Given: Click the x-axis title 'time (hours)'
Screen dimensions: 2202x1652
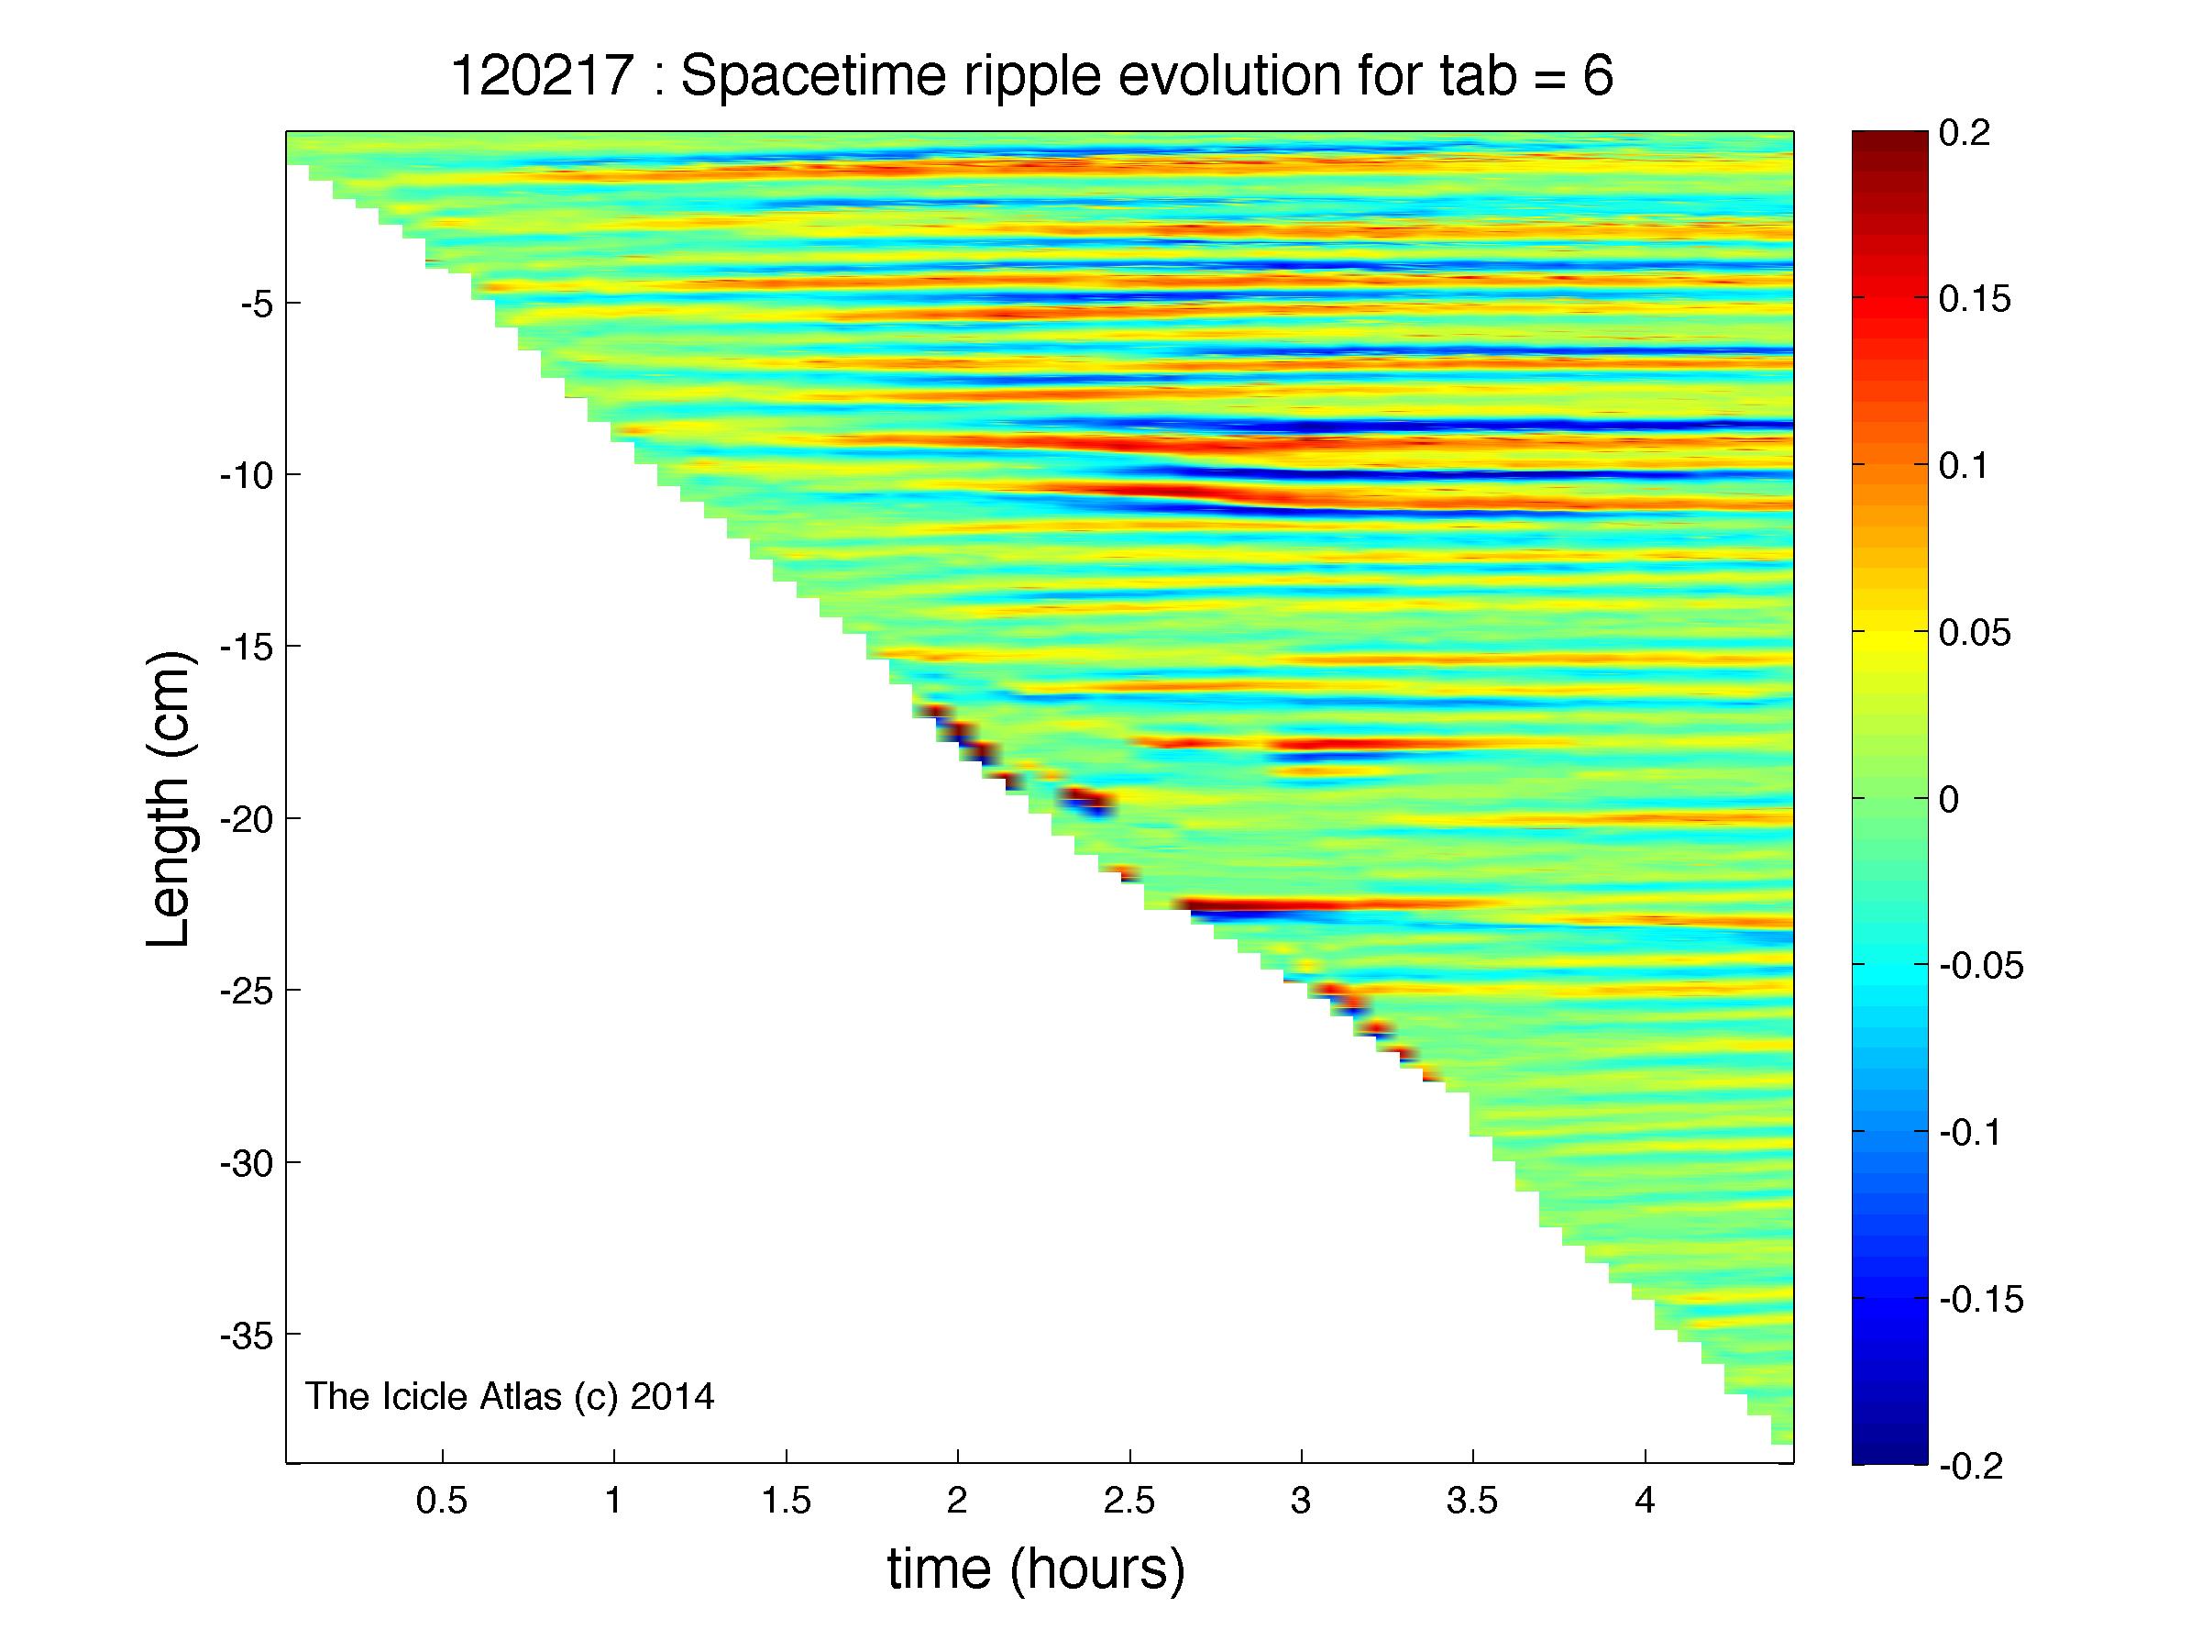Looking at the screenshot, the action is (1036, 1569).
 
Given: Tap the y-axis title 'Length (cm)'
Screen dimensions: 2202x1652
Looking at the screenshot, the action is (170, 800).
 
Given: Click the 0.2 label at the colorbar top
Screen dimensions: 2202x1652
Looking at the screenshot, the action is (1964, 132).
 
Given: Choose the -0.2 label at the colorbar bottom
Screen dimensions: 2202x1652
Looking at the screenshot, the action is (1970, 1465).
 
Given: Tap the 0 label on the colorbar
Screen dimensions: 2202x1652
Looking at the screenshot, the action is (1949, 799).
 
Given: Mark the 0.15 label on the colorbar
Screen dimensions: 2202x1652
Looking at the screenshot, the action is (1975, 299).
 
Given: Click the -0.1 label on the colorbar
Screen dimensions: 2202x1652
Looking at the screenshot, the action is (1970, 1132).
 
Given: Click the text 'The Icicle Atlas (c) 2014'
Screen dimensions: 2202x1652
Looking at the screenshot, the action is (510, 1396).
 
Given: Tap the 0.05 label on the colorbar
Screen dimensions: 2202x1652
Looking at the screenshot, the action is (1975, 632).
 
